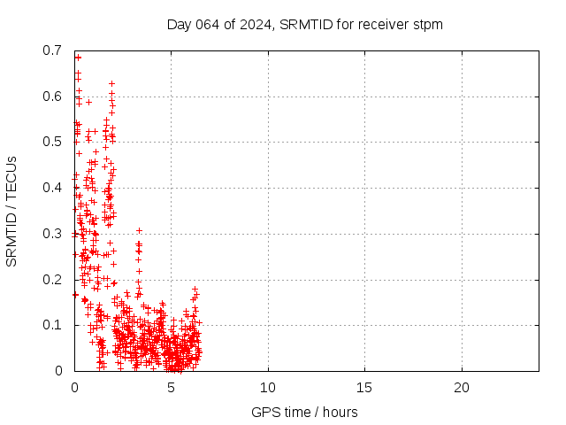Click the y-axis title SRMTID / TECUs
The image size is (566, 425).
(x=11, y=211)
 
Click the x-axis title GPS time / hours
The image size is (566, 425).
(x=304, y=412)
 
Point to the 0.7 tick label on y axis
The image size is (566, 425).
(x=52, y=50)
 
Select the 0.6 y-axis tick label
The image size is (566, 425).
(x=52, y=96)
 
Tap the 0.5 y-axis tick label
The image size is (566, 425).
(x=52, y=142)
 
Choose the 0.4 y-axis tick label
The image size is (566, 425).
(x=52, y=188)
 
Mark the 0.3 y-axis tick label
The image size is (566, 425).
(x=52, y=234)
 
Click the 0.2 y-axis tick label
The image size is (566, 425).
(x=52, y=279)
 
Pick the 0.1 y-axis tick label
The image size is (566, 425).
(x=52, y=325)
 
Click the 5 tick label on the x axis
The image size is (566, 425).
(x=172, y=388)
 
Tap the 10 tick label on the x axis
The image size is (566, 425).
(x=268, y=388)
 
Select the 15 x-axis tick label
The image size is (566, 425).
(x=364, y=388)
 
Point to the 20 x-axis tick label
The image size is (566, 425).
(x=461, y=388)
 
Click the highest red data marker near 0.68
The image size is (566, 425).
(x=78, y=58)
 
